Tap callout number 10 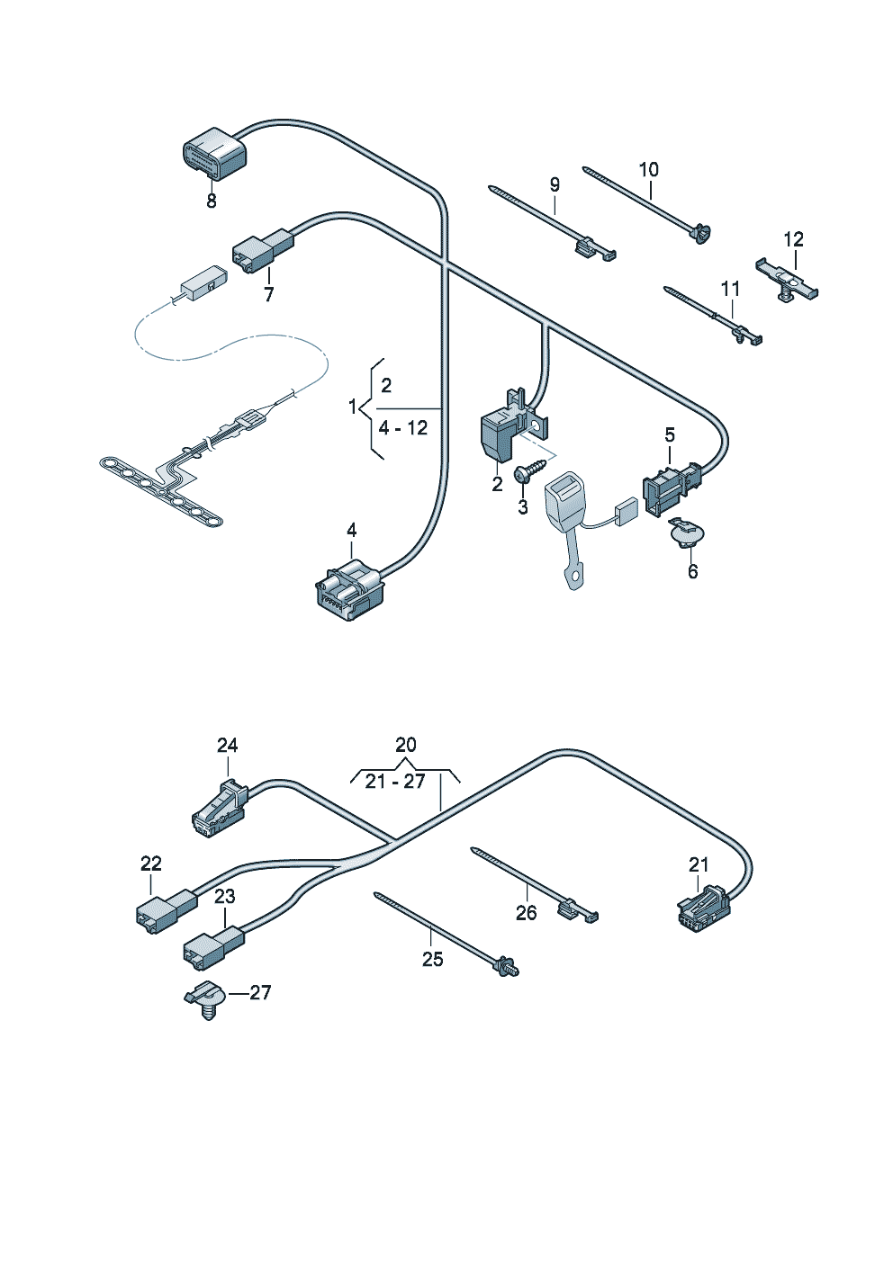(x=648, y=169)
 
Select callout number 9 (x=555, y=184)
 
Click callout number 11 (x=730, y=289)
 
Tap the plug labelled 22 (x=165, y=908)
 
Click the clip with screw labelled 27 (x=205, y=998)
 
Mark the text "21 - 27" (x=395, y=782)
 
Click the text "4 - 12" (x=402, y=428)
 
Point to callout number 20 (x=406, y=745)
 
